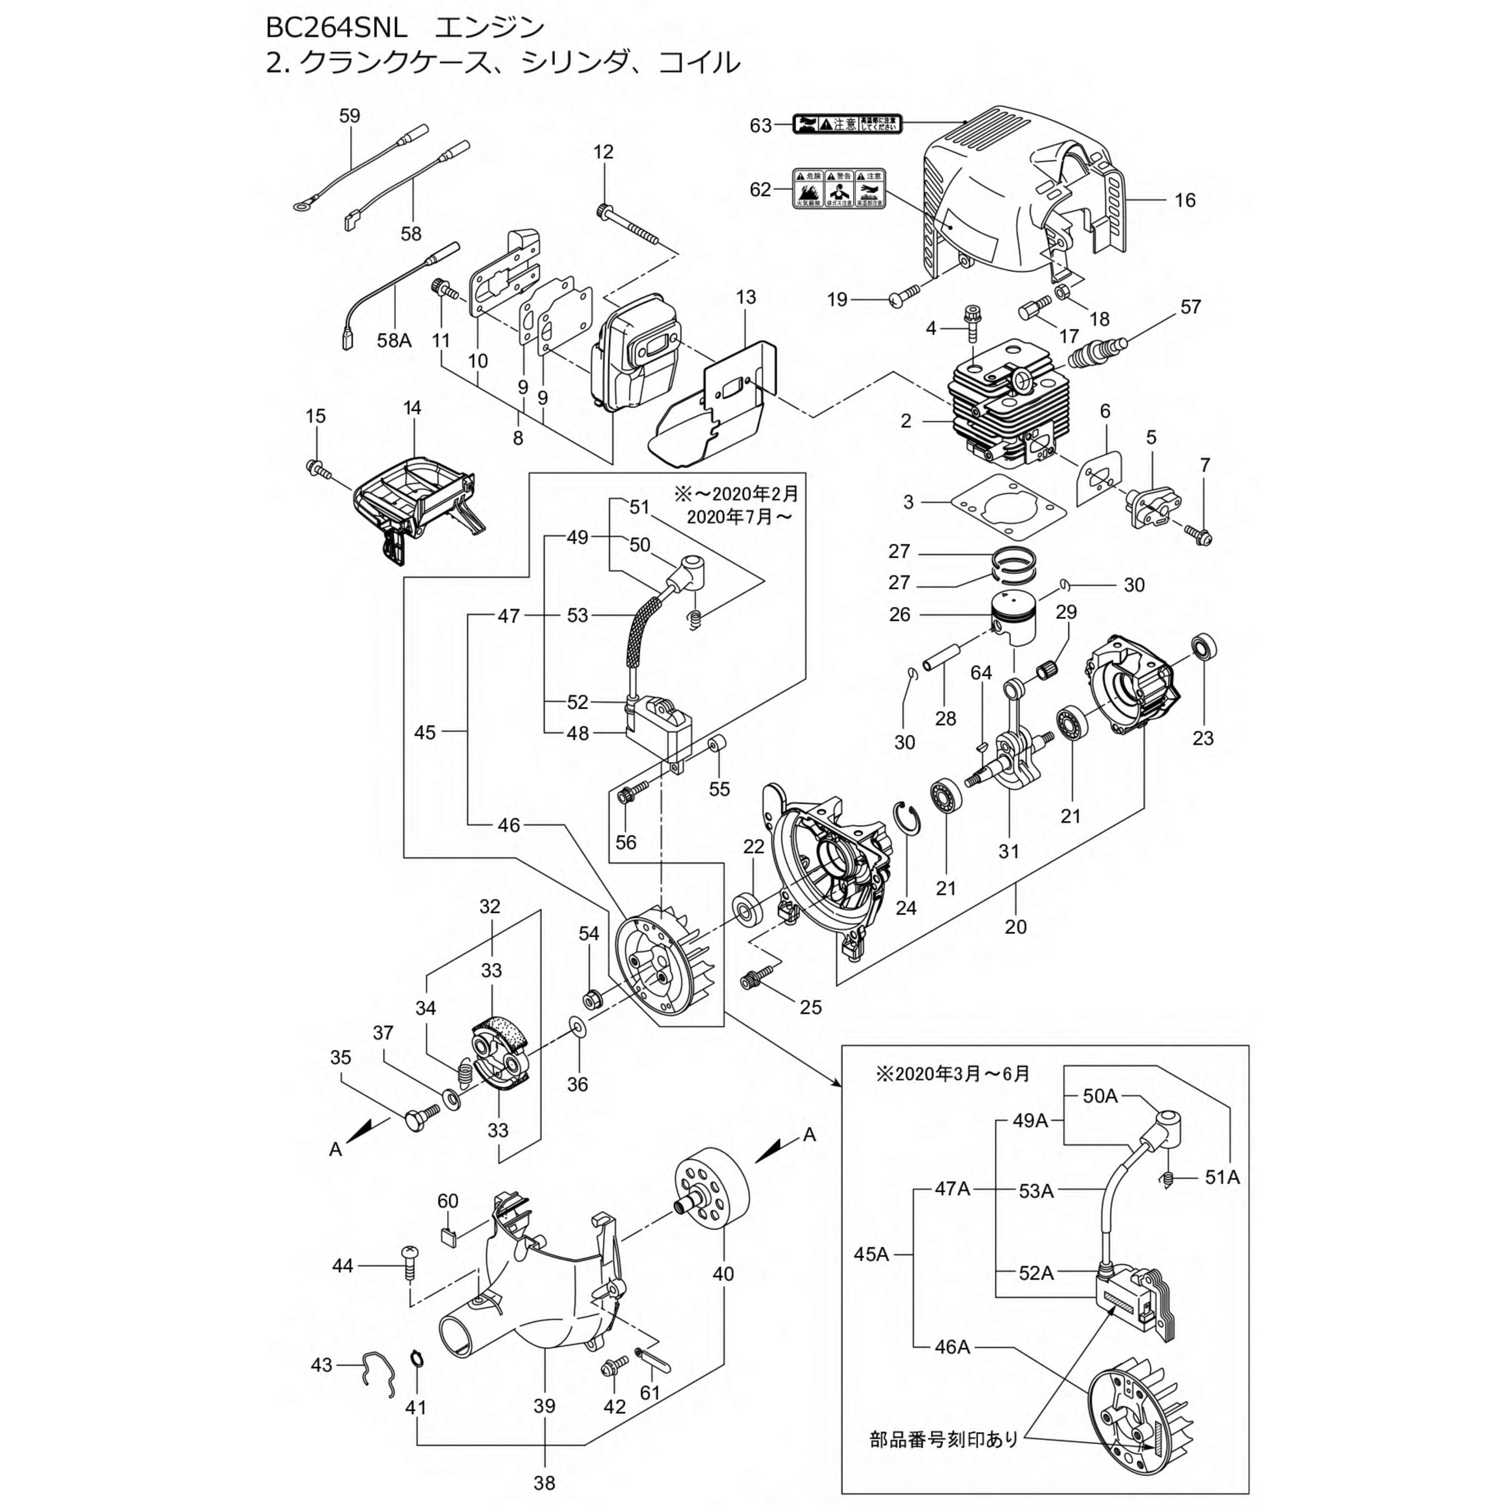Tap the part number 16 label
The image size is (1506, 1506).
[1184, 201]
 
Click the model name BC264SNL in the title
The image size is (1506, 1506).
[335, 28]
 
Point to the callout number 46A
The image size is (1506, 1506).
[952, 1346]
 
